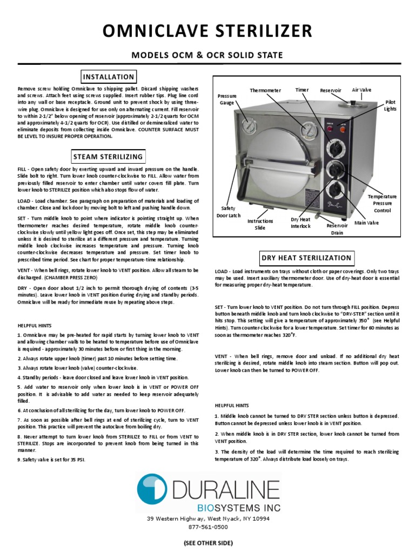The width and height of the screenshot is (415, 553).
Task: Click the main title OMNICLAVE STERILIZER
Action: (x=207, y=30)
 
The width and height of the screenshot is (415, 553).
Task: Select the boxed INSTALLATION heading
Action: (x=108, y=77)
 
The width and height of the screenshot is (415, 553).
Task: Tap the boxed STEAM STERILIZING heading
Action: (x=108, y=157)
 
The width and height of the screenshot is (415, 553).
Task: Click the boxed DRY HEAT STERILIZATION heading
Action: (x=306, y=258)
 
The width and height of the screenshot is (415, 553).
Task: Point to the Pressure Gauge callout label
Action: (x=227, y=99)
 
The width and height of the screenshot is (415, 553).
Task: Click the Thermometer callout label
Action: (x=265, y=90)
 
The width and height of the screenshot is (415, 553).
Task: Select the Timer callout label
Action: (x=301, y=90)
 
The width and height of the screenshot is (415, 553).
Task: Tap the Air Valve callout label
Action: (x=362, y=90)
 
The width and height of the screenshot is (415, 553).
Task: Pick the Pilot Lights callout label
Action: (x=390, y=105)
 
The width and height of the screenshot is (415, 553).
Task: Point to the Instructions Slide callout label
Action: (x=260, y=224)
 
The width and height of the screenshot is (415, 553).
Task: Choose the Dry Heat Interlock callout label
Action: (x=300, y=222)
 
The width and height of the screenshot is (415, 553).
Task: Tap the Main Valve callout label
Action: (x=366, y=222)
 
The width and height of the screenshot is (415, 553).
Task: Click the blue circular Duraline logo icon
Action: (x=152, y=489)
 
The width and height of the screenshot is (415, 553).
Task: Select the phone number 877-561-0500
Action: (x=207, y=527)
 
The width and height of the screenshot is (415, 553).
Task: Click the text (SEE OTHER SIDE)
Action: (x=207, y=542)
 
